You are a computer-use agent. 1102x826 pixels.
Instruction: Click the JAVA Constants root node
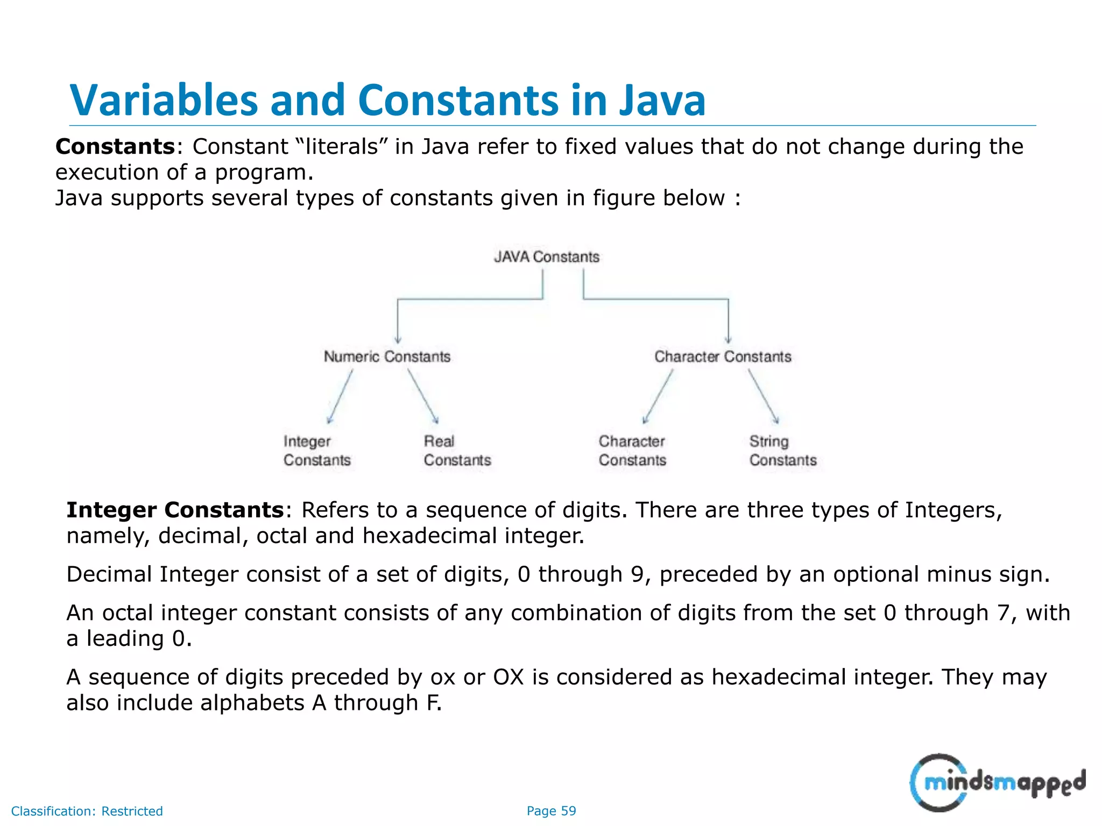pyautogui.click(x=546, y=257)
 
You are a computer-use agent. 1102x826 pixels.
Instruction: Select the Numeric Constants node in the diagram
pyautogui.click(x=387, y=357)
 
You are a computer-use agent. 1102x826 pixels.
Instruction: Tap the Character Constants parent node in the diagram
pyautogui.click(x=723, y=357)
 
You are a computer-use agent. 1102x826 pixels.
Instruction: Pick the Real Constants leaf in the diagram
pyautogui.click(x=457, y=451)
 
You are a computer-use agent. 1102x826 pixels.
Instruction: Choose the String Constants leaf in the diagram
pyautogui.click(x=782, y=451)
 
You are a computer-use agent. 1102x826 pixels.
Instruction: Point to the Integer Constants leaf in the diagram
pyautogui.click(x=317, y=451)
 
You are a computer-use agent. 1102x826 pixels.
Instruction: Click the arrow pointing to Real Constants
pyautogui.click(x=423, y=396)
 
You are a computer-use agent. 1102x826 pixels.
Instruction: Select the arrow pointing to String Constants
pyautogui.click(x=764, y=396)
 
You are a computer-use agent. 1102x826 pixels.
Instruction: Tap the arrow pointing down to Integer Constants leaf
pyautogui.click(x=340, y=396)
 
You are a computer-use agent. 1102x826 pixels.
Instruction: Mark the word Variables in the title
pyautogui.click(x=164, y=101)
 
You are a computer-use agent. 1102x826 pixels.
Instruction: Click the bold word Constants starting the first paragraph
pyautogui.click(x=115, y=147)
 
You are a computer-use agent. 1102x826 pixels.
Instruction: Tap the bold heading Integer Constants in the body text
pyautogui.click(x=175, y=510)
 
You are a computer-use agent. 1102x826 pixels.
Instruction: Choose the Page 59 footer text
pyautogui.click(x=551, y=811)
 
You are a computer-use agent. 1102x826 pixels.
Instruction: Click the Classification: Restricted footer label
pyautogui.click(x=87, y=811)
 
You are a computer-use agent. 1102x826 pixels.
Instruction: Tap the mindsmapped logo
pyautogui.click(x=997, y=782)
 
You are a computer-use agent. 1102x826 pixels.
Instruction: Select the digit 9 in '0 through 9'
pyautogui.click(x=637, y=574)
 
